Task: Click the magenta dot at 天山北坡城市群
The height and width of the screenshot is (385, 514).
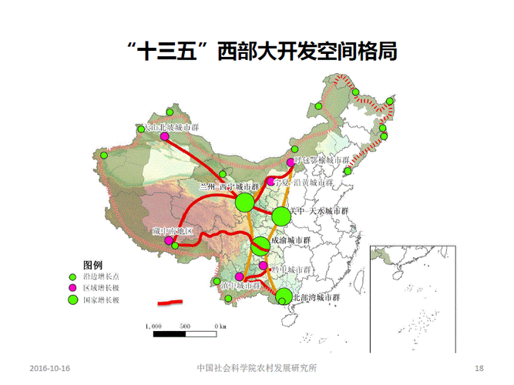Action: coord(164,136)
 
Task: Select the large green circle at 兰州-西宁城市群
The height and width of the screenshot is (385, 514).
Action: coord(244,203)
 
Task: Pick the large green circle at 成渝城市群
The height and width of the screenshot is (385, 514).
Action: coord(260,246)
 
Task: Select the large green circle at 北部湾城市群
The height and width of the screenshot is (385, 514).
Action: coord(284,294)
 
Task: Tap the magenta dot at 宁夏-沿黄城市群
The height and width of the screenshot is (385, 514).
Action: coord(270,182)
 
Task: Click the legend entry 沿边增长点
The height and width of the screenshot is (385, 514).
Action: coord(101,275)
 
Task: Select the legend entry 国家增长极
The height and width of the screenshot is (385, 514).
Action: coord(101,300)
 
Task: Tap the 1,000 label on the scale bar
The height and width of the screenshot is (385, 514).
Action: coord(152,326)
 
